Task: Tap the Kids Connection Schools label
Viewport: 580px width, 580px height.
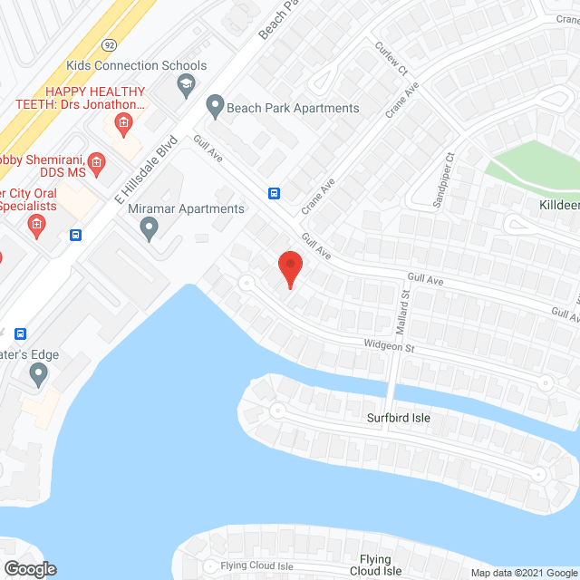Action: [137, 66]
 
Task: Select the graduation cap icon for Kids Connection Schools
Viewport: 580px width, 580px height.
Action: [186, 86]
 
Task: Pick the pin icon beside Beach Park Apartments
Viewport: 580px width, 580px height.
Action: [215, 108]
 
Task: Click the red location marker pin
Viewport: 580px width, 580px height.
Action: [289, 268]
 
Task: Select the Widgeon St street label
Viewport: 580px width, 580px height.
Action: [388, 345]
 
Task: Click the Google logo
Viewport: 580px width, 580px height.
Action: [29, 569]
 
